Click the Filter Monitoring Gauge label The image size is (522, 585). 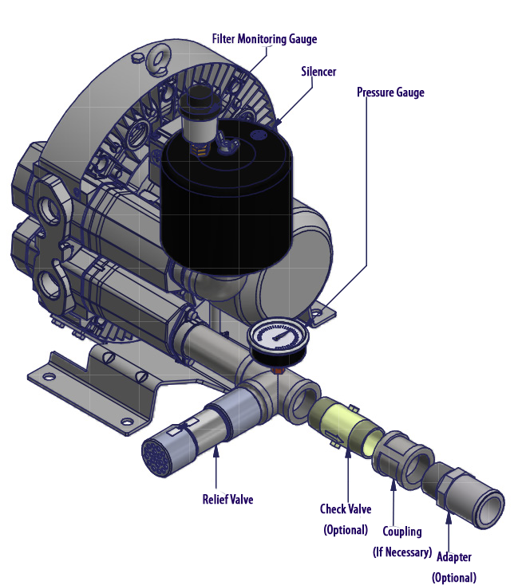pos(264,39)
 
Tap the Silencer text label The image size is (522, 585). pos(318,72)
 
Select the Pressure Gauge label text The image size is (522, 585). pos(390,92)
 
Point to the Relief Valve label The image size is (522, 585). pos(227,499)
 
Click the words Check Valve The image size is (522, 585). pos(346,509)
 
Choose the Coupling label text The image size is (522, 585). pos(402,532)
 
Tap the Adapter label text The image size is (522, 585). pos(454,557)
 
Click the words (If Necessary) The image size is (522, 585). pos(402,552)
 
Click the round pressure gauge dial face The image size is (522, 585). pos(279,336)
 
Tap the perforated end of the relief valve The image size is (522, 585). pos(157,457)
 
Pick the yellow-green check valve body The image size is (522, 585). pos(346,426)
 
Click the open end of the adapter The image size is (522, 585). pos(489,509)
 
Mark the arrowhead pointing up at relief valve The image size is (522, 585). pos(216,450)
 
